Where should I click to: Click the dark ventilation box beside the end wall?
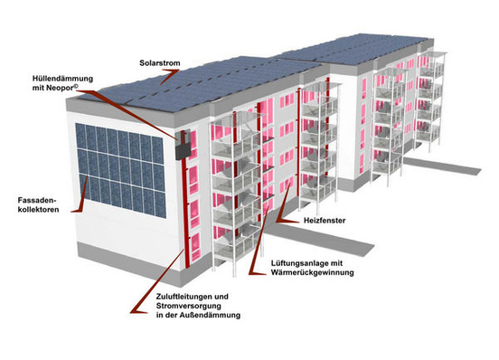coord(184,144)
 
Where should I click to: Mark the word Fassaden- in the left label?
coord(37,199)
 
